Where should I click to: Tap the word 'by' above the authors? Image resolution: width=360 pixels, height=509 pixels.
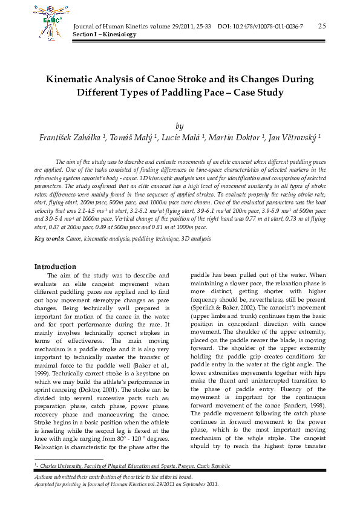pos(179,126)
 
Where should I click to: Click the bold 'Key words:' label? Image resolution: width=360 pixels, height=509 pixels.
pos(49,239)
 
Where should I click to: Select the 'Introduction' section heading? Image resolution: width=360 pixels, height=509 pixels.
pos(55,267)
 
